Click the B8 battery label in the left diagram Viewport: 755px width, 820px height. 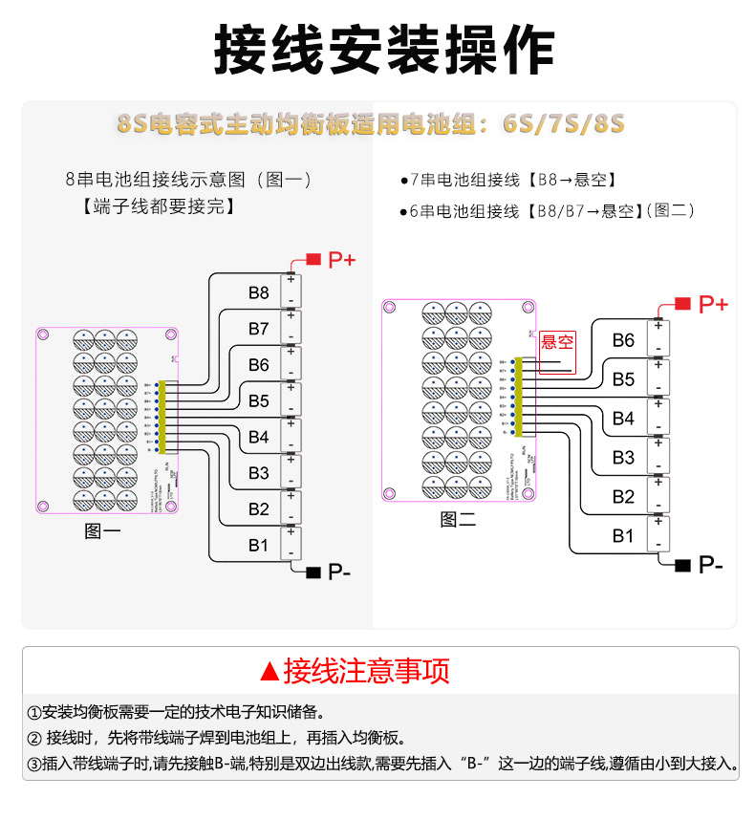[258, 292]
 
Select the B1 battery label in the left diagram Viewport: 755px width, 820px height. [258, 545]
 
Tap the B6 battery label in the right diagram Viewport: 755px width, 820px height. [623, 340]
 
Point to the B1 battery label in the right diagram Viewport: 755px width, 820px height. [623, 536]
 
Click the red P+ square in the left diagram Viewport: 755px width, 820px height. [313, 259]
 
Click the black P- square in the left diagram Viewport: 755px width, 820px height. [313, 572]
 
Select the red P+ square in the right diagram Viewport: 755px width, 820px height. [682, 304]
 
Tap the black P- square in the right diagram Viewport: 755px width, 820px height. [682, 565]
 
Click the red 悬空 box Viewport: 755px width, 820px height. [557, 342]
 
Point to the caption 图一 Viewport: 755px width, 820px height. [102, 531]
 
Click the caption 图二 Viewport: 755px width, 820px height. [458, 519]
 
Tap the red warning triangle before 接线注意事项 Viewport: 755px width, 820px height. [270, 672]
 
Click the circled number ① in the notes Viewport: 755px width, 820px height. [35, 713]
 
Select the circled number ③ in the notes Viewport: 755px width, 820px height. [35, 765]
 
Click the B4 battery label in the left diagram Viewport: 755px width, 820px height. [258, 437]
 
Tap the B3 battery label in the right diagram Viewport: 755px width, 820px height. [623, 458]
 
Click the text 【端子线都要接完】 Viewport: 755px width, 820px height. [159, 206]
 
